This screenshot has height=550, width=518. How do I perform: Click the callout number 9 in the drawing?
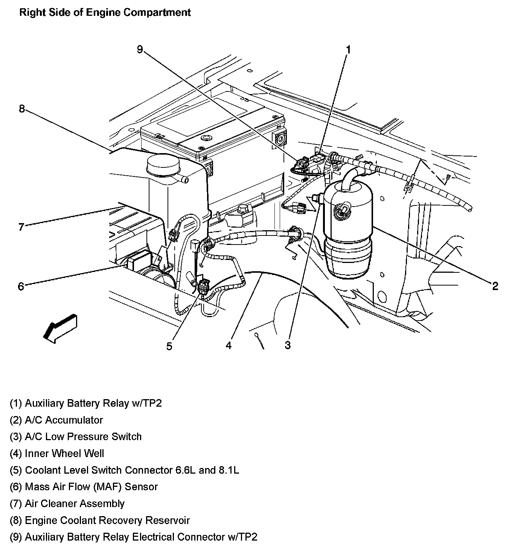click(x=140, y=49)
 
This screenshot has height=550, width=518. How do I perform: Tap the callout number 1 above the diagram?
click(x=348, y=50)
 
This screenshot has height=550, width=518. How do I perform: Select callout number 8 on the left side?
click(x=21, y=109)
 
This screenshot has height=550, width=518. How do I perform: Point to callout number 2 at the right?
click(x=495, y=286)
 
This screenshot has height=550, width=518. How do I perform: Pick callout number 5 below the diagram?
click(x=169, y=346)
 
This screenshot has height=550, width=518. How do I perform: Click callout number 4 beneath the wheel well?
click(x=229, y=345)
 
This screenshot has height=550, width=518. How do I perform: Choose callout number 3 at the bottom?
click(x=288, y=345)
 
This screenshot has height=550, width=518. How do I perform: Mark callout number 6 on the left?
click(x=21, y=286)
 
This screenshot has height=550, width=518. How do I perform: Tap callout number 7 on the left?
click(x=21, y=227)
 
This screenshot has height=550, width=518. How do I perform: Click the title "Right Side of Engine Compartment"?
click(x=105, y=12)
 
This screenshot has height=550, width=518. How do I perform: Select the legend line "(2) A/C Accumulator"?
click(x=56, y=420)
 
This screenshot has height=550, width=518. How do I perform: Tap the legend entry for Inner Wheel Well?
click(x=57, y=453)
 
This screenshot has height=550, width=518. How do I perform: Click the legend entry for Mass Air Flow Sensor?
click(x=84, y=487)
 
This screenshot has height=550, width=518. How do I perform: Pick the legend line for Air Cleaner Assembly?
click(x=67, y=503)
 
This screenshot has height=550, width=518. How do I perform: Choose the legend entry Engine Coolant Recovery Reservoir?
click(x=100, y=520)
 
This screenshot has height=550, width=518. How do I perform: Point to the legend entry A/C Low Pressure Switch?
click(x=76, y=436)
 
